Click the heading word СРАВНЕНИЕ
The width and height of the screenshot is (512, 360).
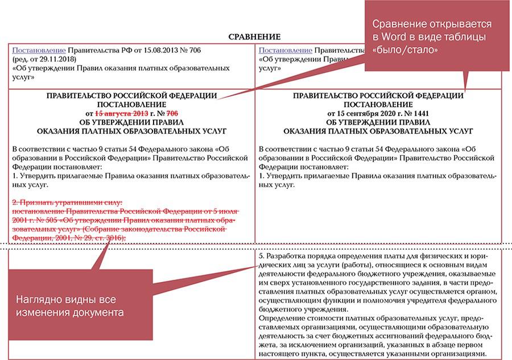pos(254,37)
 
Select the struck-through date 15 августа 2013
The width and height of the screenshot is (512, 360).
pos(121,114)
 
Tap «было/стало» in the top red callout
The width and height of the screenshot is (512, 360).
pos(405,49)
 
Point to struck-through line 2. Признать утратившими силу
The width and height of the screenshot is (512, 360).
pos(67,202)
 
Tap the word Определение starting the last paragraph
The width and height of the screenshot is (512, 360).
pos(282,317)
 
